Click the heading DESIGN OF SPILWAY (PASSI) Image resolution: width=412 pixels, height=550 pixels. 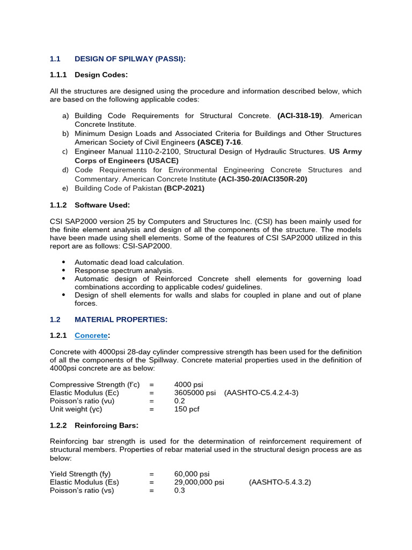click(130, 59)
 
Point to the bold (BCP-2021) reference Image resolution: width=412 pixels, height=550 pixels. click(184, 188)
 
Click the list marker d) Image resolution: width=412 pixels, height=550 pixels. click(65, 170)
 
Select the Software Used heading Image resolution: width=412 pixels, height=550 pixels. click(102, 205)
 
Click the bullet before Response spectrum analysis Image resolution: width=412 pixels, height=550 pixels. click(64, 271)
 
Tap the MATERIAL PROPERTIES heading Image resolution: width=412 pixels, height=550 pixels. click(121, 320)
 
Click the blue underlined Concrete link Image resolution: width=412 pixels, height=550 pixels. click(91, 336)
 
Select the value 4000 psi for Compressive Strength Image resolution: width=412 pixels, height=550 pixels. click(189, 385)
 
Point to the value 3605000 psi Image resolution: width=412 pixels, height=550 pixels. click(195, 393)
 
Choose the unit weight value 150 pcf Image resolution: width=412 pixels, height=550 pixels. click(187, 409)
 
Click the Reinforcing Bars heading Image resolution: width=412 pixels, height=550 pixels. click(106, 425)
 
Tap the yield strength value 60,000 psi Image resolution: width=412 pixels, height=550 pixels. click(192, 474)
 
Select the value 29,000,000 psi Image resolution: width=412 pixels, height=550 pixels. click(199, 482)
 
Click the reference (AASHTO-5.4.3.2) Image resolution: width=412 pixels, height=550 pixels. click(279, 482)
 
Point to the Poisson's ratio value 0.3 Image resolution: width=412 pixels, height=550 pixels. click(179, 490)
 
